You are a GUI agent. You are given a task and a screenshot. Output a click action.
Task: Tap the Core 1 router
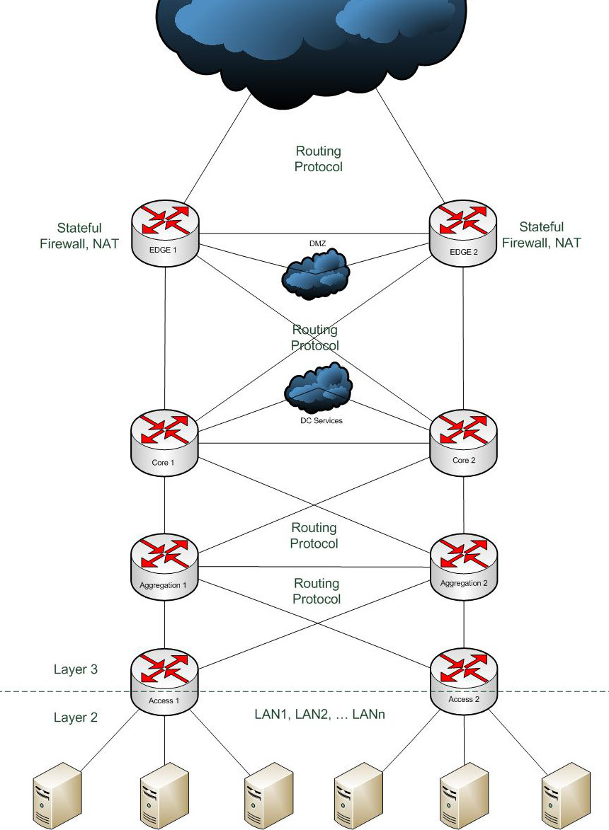point(164,442)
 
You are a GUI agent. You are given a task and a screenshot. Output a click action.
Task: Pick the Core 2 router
point(463,442)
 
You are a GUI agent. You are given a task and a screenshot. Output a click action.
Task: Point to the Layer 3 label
point(76,669)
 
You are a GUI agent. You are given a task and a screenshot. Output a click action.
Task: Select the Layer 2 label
point(76,717)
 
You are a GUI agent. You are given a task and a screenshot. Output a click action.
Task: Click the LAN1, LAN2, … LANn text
point(319,715)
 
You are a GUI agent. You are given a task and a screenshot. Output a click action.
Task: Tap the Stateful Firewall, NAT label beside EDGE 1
point(79,236)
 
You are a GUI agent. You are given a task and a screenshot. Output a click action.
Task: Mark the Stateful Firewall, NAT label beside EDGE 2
point(541,235)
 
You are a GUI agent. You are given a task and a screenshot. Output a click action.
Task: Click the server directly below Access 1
point(164,796)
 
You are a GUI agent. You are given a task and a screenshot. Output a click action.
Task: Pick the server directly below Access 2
point(465,796)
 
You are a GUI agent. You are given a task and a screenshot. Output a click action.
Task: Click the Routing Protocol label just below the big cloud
point(319,158)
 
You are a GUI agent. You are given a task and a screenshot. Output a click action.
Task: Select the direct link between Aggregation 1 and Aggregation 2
point(315,566)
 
